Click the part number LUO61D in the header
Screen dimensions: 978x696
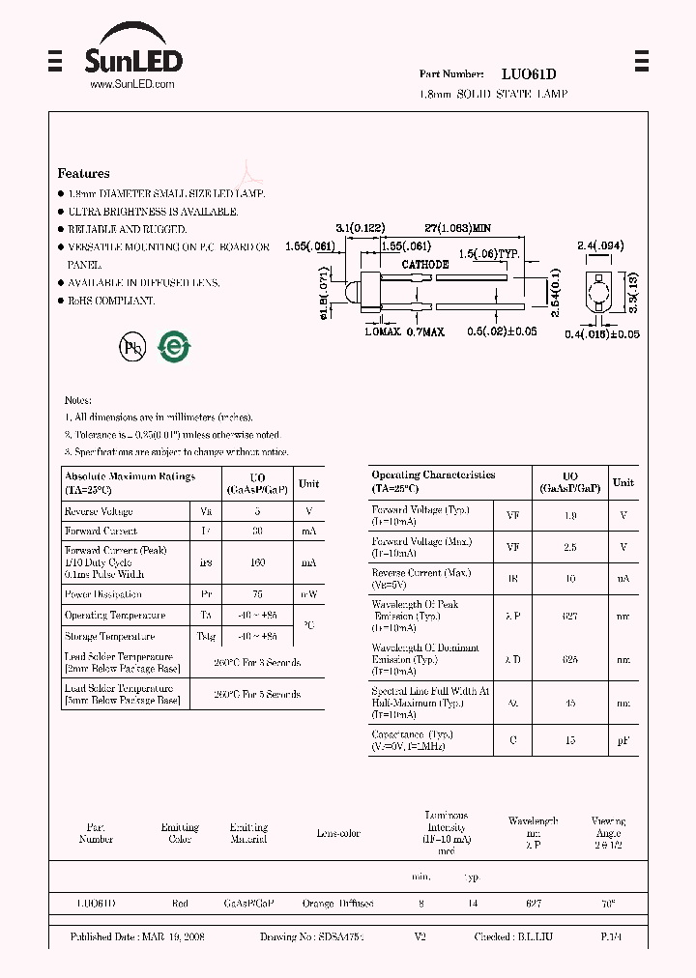(x=528, y=74)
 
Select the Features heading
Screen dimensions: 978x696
(x=83, y=174)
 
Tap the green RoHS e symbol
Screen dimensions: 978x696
(x=174, y=347)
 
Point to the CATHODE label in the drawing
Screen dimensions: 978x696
(x=424, y=264)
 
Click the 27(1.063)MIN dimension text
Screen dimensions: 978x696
(x=458, y=228)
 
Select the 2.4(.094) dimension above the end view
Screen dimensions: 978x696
(x=599, y=246)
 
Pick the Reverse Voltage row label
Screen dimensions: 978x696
(x=99, y=511)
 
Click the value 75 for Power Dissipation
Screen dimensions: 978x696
(x=257, y=595)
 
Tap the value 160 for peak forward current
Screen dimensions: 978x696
(x=257, y=562)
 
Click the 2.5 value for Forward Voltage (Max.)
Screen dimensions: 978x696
(x=569, y=547)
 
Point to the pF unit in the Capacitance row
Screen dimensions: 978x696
(x=623, y=740)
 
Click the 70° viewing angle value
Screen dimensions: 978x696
(x=607, y=904)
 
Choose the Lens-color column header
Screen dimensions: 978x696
(x=337, y=833)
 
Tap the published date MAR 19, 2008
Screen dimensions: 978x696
(x=137, y=937)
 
